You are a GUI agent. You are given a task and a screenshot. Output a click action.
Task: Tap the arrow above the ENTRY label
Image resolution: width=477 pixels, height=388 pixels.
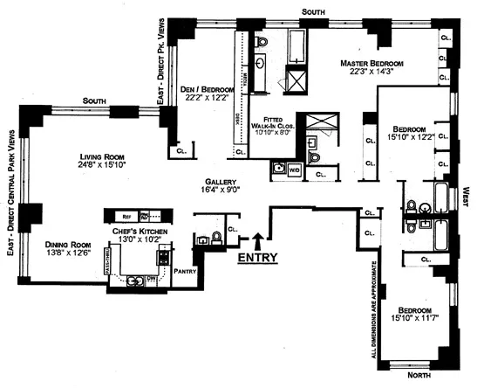pos(258,239)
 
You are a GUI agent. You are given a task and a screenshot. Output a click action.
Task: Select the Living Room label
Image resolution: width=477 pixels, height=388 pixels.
pos(99,158)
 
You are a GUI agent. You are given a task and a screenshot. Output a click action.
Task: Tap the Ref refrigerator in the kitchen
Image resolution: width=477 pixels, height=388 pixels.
pos(126,214)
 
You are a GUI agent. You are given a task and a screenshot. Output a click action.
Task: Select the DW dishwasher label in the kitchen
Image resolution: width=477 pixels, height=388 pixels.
pos(152,280)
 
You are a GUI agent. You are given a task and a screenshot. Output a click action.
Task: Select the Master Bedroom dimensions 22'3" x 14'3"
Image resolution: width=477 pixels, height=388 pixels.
pos(376,73)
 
